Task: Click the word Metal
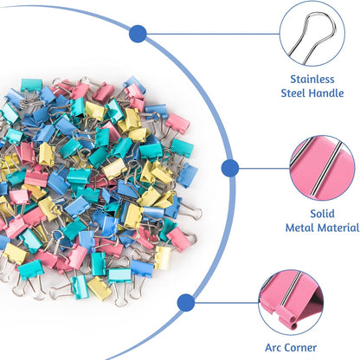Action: tap(302, 228)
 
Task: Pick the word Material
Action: tap(340, 228)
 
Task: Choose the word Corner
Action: tap(331, 344)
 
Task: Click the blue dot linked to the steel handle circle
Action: tap(137, 34)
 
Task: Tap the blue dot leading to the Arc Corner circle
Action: tap(184, 302)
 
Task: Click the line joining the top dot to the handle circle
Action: tap(208, 34)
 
